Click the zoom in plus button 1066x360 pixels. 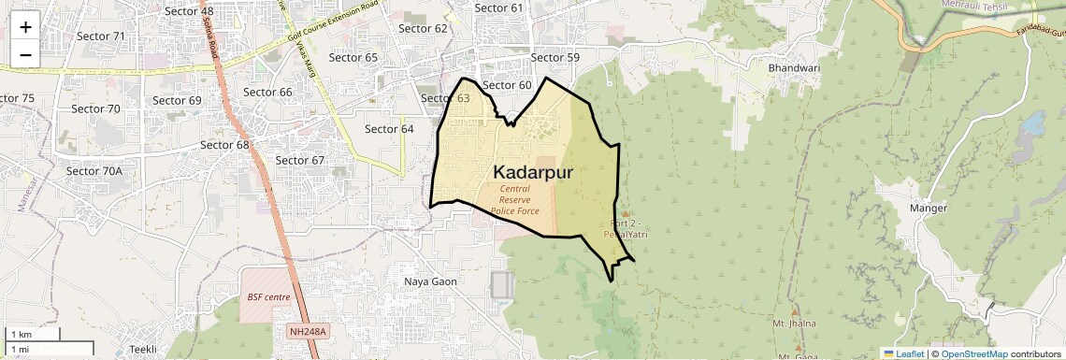coord(25,27)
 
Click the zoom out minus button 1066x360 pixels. coord(25,54)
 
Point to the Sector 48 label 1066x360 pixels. coord(189,11)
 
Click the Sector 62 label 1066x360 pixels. coord(424,28)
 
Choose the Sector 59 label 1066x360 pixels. coord(555,58)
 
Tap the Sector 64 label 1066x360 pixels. coord(389,129)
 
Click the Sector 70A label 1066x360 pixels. coord(94,171)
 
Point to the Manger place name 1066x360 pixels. coord(928,209)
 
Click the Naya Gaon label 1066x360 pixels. coord(430,281)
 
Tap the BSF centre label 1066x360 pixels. coord(268,297)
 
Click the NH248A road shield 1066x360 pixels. coord(307,331)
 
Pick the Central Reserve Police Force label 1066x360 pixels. coord(514,199)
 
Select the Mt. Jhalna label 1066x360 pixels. coord(794,324)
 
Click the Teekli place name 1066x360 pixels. coord(143,349)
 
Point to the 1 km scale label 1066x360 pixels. coord(21,335)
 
